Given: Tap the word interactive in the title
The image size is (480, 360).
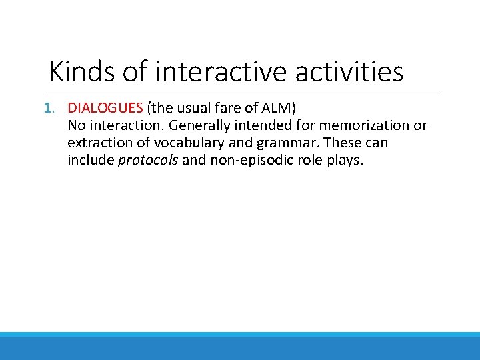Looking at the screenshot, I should [220, 71].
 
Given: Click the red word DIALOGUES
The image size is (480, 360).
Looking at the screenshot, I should [105, 108].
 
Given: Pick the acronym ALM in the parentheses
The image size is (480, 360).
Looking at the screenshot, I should [277, 108].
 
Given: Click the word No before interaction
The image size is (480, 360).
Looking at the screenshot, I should [76, 125].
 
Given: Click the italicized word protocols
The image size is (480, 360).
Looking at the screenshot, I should [148, 161].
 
